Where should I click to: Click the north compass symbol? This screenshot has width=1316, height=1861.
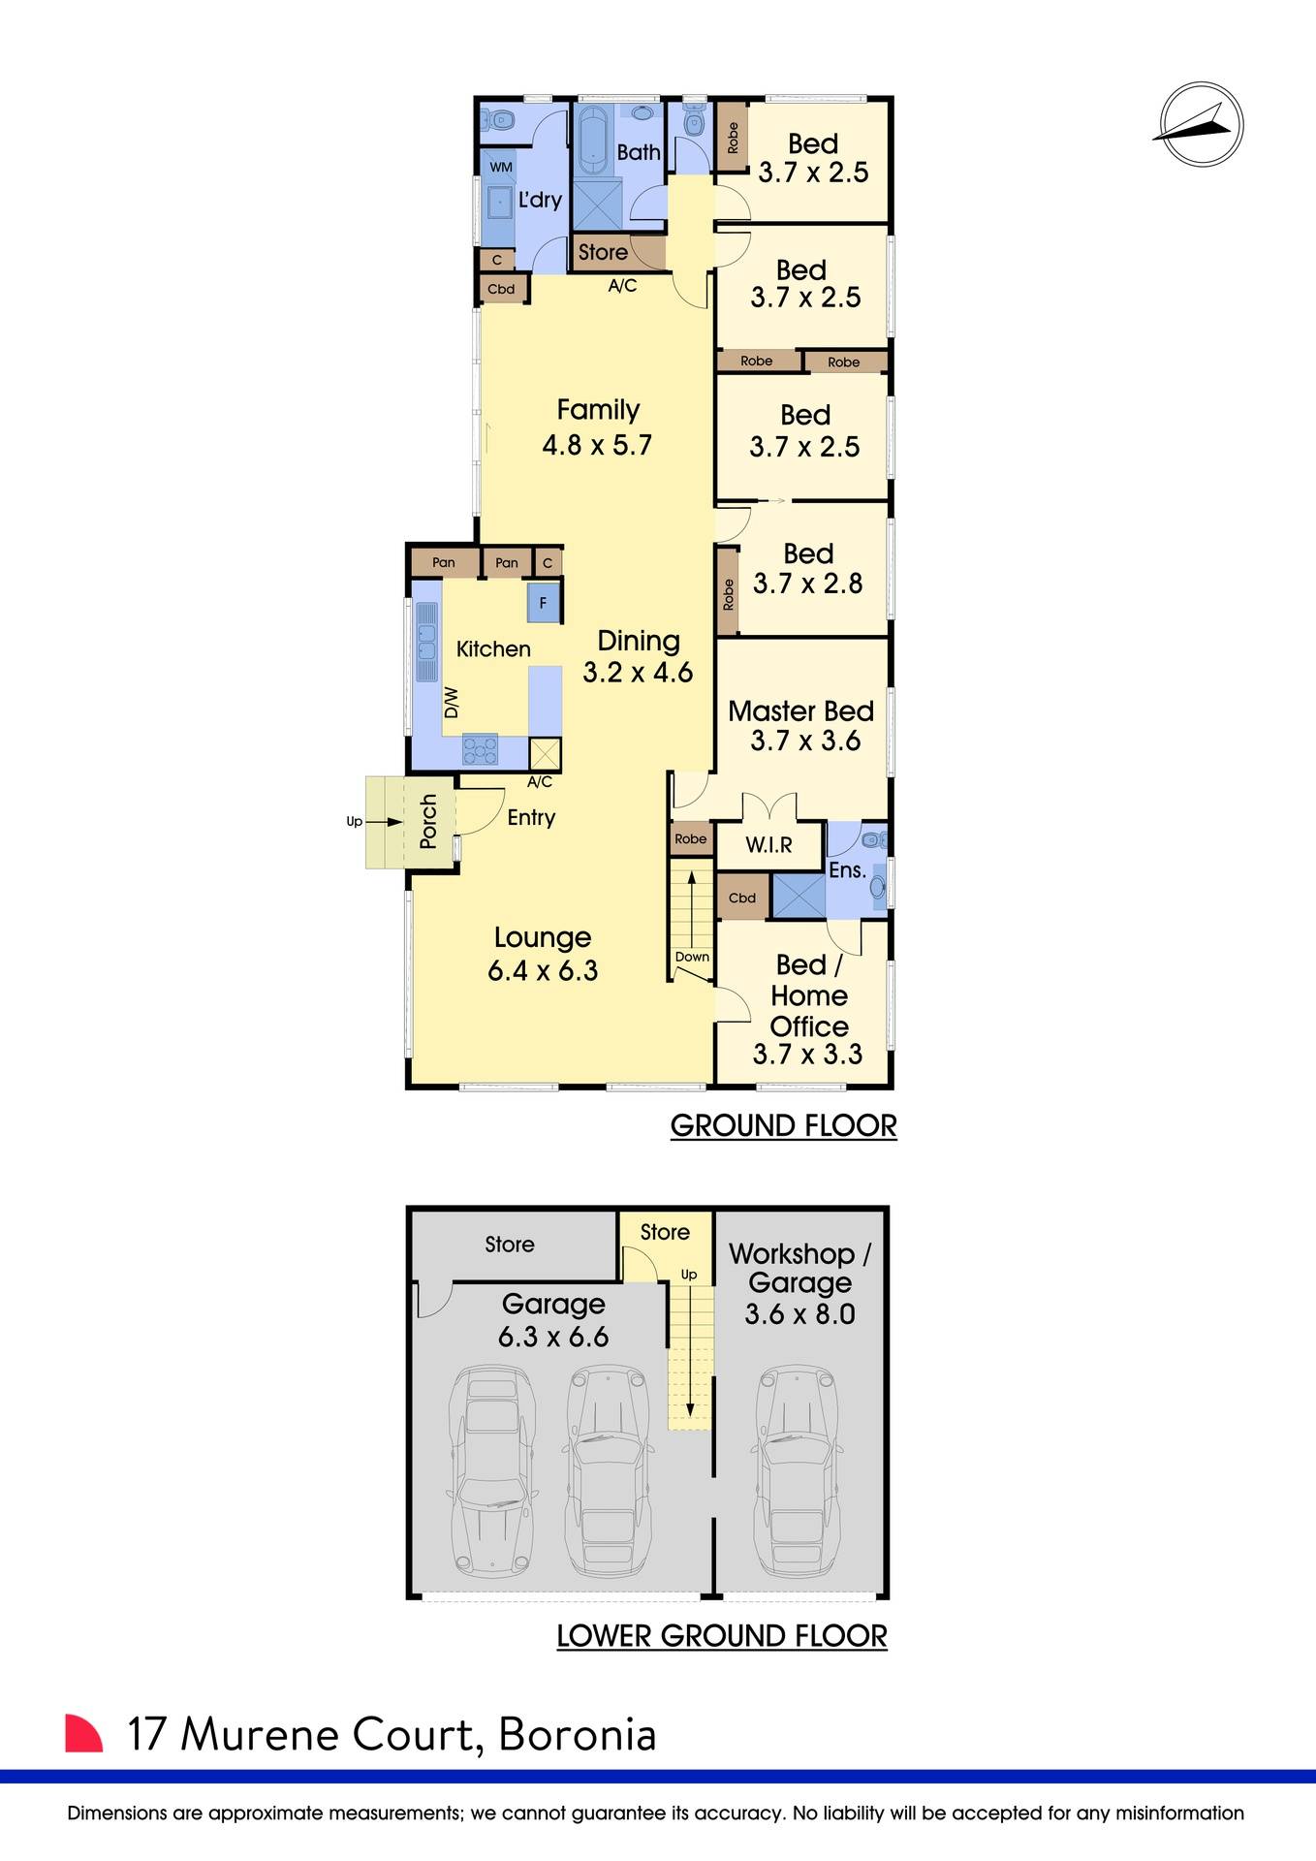1201,125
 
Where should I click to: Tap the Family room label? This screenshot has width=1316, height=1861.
598,411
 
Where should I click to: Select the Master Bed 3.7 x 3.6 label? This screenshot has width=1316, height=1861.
801,726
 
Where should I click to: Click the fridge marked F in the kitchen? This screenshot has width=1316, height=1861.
543,603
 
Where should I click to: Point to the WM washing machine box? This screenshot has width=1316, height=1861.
500,167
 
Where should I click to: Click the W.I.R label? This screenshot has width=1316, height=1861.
768,845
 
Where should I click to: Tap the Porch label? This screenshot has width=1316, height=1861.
428,821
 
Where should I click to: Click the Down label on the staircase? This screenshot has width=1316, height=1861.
692,957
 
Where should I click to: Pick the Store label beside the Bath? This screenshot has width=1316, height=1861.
603,252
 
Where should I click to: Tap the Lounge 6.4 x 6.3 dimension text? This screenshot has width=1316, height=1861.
543,970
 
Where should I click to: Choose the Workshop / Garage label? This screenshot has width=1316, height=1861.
800,1268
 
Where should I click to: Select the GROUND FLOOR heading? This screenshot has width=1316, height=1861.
783,1125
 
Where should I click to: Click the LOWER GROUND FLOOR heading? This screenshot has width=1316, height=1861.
722,1636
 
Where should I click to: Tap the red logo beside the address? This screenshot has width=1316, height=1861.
83,1733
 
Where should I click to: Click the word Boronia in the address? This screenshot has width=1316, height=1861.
578,1735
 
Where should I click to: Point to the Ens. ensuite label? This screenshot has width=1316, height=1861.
847,870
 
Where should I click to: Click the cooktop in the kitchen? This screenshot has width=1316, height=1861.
480,749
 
